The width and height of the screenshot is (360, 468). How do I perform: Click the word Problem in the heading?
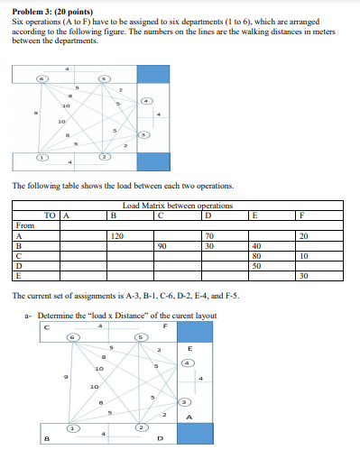point(27,6)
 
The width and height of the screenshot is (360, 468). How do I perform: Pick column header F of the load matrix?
point(302,215)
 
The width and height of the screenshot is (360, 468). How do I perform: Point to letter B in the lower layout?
point(44,440)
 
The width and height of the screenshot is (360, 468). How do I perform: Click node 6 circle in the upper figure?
point(42,79)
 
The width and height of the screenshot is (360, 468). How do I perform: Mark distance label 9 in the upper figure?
point(35,114)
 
